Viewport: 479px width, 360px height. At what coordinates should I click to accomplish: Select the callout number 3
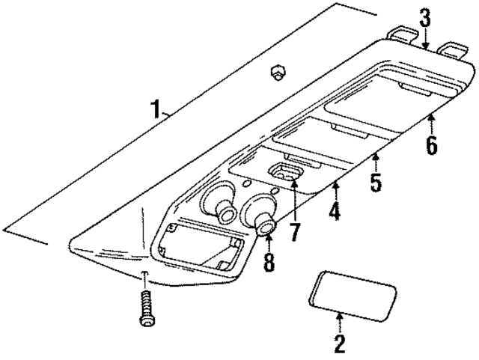point(424,18)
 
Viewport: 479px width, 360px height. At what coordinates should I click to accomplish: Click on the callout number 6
point(431,144)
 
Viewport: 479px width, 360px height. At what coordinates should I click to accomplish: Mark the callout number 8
point(268,263)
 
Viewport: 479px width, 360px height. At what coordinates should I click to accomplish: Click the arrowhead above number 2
point(339,315)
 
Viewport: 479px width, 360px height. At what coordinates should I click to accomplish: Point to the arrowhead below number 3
point(424,46)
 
